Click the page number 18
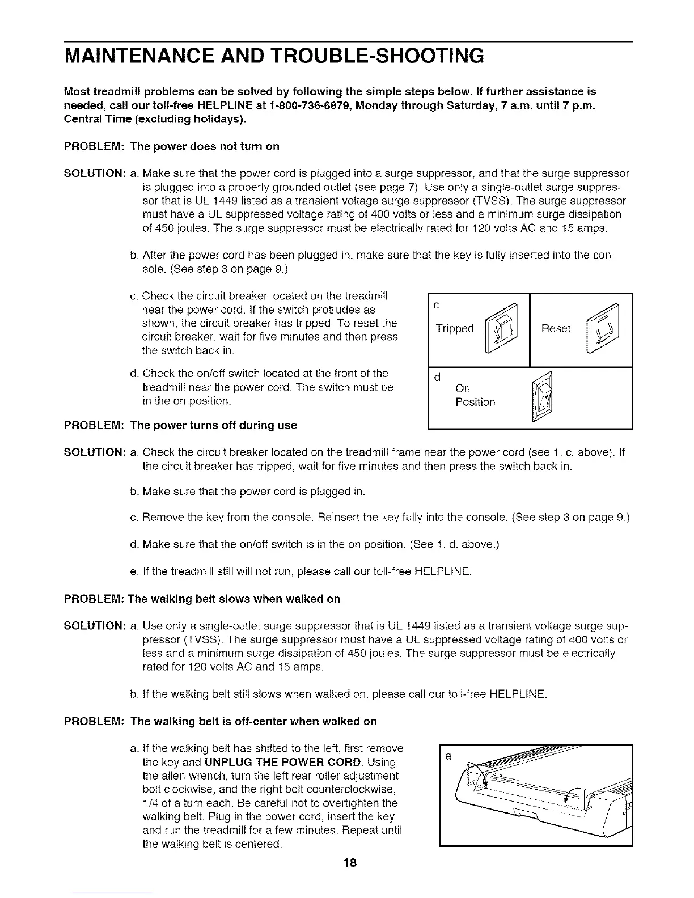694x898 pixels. (x=349, y=863)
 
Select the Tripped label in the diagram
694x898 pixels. (x=454, y=329)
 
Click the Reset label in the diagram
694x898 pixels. (x=556, y=329)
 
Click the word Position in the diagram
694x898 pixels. (x=475, y=403)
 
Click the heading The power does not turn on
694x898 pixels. (x=205, y=146)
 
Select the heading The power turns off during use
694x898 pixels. (x=213, y=425)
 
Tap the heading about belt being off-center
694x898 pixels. (x=253, y=721)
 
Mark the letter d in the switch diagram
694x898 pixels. (x=436, y=378)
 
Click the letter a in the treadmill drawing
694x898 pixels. (x=448, y=757)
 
